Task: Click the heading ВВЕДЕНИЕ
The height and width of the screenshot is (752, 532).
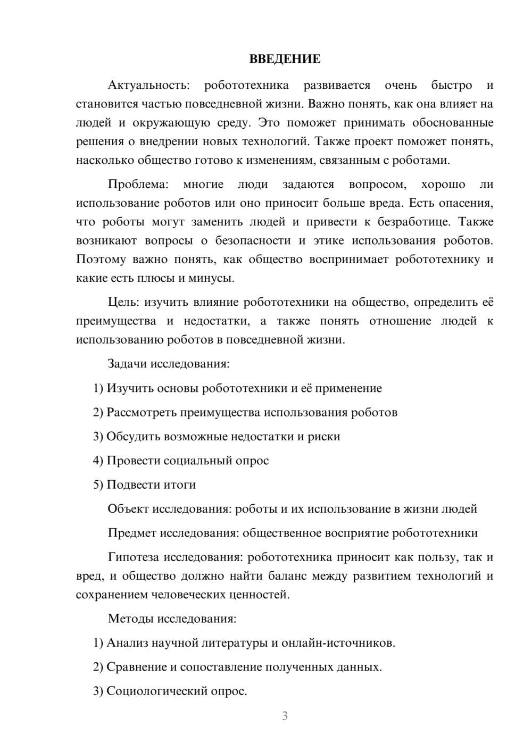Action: tap(285, 59)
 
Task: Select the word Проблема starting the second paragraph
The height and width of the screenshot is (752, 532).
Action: tap(138, 185)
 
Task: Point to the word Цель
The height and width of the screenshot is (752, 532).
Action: tap(123, 303)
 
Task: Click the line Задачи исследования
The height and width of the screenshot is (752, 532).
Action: tap(169, 364)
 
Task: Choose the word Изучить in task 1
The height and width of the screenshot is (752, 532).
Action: tap(129, 388)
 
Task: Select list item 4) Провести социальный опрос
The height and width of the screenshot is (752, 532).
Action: tap(181, 461)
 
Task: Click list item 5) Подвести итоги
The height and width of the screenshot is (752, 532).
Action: tap(144, 484)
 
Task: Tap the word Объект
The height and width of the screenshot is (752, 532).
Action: tap(128, 509)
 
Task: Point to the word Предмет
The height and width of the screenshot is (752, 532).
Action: tap(132, 533)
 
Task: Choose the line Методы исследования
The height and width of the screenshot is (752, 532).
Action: tap(172, 619)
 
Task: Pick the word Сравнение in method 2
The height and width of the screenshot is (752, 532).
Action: tap(136, 667)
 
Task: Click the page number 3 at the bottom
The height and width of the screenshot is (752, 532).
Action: tap(285, 716)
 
